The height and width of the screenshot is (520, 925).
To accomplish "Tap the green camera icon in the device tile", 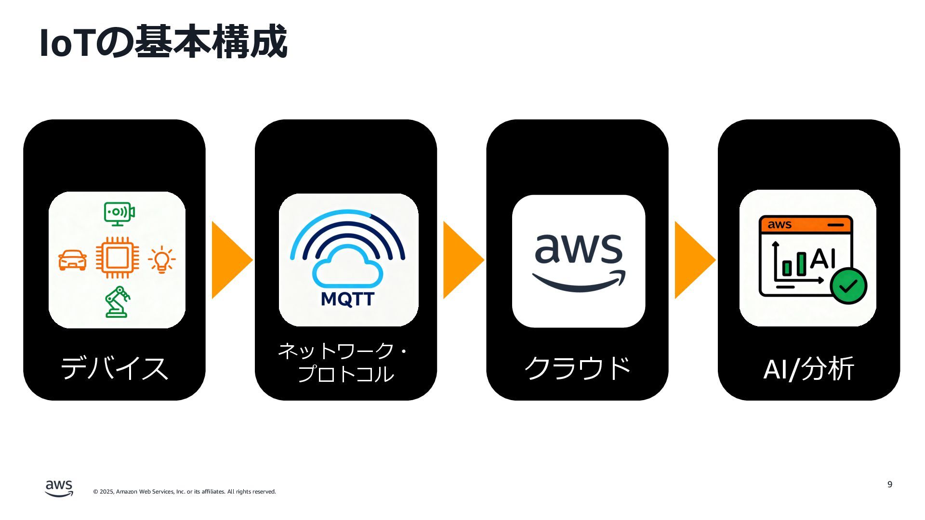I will (119, 213).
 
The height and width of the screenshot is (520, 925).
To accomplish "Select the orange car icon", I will (73, 260).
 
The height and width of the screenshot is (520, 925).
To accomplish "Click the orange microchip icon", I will (117, 258).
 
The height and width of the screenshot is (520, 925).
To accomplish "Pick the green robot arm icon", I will (118, 302).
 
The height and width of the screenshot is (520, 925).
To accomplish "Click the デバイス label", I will (115, 368).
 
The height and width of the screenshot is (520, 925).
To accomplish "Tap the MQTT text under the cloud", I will (347, 299).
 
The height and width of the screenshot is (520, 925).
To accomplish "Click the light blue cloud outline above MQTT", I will (347, 267).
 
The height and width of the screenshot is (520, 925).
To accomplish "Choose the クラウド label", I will (577, 368).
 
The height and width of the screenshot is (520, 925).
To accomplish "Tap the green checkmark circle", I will (848, 286).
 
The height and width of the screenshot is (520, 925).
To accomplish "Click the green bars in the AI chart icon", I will (794, 265).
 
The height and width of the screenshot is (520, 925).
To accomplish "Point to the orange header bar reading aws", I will (806, 225).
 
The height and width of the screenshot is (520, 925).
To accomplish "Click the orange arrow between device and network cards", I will (230, 260).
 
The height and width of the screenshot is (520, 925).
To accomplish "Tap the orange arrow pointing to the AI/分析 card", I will (693, 260).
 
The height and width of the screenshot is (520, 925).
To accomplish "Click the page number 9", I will (889, 484).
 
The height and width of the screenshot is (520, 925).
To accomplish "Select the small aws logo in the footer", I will (59, 488).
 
